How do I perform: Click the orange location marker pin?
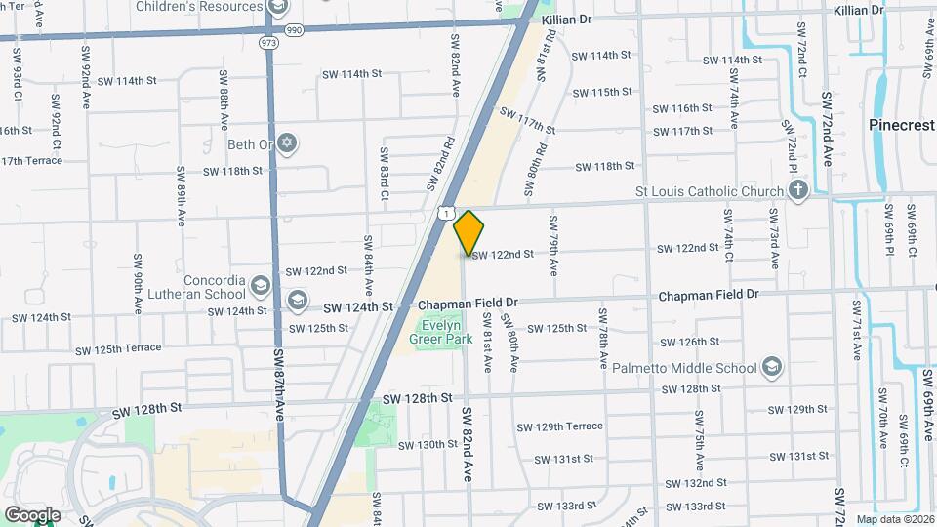point(469,232)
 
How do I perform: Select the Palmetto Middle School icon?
point(771,367)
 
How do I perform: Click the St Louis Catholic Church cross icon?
point(797,190)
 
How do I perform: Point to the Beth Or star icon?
point(285,144)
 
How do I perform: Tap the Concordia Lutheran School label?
point(199,287)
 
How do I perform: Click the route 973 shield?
point(267,44)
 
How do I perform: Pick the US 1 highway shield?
point(445,212)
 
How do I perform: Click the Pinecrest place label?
point(902,125)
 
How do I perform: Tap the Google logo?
point(32,514)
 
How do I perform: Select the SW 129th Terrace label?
point(570,426)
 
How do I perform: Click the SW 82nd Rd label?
point(440,162)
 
